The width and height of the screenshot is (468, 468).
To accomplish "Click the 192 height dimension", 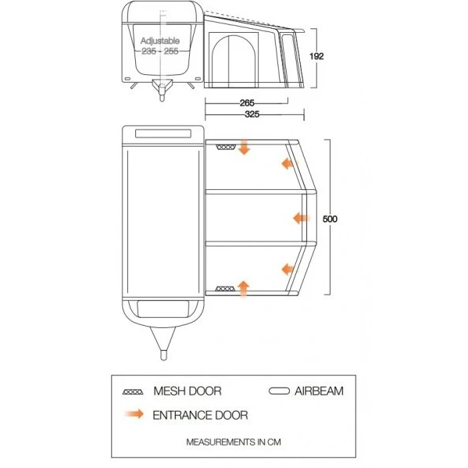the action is [x=316, y=56].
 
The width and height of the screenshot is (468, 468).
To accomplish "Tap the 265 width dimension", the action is [x=247, y=103].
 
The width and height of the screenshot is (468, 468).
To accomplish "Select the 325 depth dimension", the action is [x=252, y=114].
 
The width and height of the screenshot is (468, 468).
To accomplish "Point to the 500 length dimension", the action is [x=330, y=219].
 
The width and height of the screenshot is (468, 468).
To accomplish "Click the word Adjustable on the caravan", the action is [x=160, y=41].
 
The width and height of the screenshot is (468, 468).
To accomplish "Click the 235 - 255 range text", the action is [x=160, y=51].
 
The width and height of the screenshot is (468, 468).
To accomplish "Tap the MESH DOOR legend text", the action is [x=188, y=391].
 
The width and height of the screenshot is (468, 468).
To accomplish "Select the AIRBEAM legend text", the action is [x=319, y=391].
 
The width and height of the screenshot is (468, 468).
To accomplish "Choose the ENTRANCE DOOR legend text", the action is [x=200, y=415].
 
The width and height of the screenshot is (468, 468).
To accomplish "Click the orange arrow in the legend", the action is [x=134, y=414].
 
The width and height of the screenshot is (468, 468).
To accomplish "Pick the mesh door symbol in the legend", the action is [x=133, y=392].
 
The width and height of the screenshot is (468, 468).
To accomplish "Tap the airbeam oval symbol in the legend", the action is [x=279, y=391].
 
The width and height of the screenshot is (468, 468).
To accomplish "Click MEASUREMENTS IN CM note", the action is [x=234, y=442].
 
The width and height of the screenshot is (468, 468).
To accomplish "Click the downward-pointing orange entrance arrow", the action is [x=244, y=147].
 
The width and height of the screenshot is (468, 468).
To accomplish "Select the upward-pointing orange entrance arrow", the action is [x=244, y=289].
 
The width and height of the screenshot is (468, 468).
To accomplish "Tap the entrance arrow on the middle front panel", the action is [x=302, y=219].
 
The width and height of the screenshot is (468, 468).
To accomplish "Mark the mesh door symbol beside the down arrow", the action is [x=226, y=148].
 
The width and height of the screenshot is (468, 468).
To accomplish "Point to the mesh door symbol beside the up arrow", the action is [x=225, y=288].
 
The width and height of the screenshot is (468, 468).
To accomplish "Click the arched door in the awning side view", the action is [x=234, y=61].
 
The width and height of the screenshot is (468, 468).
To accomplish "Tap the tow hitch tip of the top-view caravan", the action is [x=163, y=355].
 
